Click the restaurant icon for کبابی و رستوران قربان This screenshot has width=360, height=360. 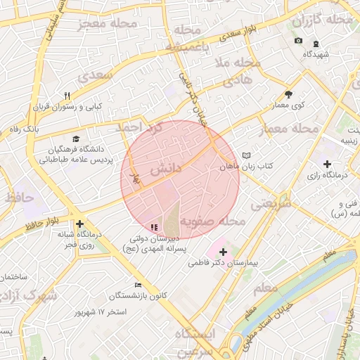[x=67, y=96]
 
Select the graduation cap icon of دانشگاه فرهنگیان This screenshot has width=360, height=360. [x=76, y=139]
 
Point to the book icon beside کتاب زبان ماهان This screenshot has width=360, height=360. [x=245, y=155]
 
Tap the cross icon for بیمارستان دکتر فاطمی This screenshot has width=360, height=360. [x=223, y=251]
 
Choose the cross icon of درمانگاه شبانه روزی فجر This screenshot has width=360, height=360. [x=80, y=223]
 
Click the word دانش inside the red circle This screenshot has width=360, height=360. [x=166, y=169]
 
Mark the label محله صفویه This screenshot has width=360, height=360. [x=213, y=221]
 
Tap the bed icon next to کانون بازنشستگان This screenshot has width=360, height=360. [x=138, y=285]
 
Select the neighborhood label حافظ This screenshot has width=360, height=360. [x=18, y=198]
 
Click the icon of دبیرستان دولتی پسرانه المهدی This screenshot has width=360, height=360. [x=153, y=227]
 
